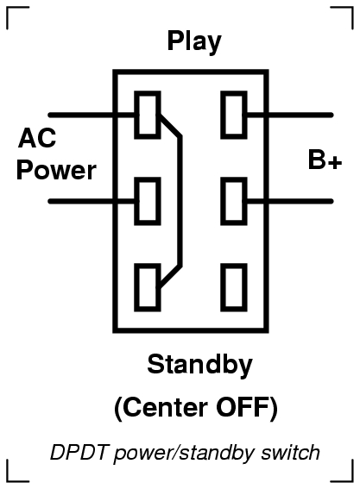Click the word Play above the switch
pos(194,41)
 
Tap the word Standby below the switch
pos(199,365)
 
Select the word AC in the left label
pos(37,138)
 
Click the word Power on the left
pos(56,170)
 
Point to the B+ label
pos(325,160)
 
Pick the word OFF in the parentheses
pos(243,407)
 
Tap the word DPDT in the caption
pos(79,452)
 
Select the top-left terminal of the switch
pos(148,115)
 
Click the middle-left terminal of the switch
pos(148,201)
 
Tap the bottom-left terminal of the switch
pos(148,287)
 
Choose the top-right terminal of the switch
pos(234,115)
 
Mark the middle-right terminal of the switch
pos(234,201)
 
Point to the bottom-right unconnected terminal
pos(234,287)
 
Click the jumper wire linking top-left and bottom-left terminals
pos(180,201)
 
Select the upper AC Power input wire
pos(93,115)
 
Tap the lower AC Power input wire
pos(93,201)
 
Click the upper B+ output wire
pos(289,115)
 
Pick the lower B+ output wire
pos(289,201)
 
